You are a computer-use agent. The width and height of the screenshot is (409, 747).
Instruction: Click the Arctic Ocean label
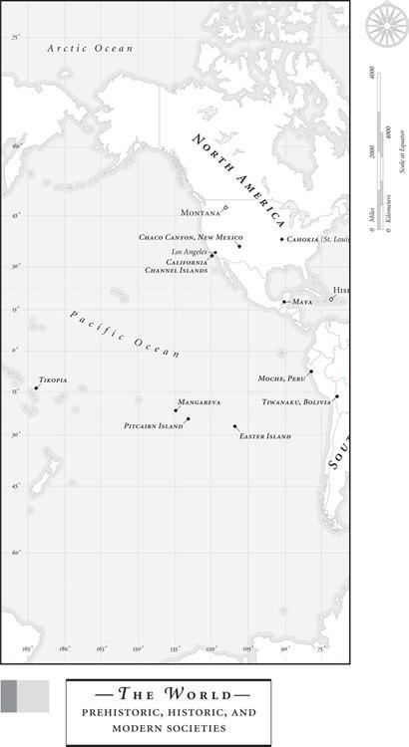click(89, 47)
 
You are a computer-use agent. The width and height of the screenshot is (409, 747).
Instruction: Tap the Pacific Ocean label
click(125, 334)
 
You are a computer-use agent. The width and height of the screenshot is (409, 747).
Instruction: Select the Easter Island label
click(264, 436)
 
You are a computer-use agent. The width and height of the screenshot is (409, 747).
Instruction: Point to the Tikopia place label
click(53, 380)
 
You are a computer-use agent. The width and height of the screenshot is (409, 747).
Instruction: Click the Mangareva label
click(199, 401)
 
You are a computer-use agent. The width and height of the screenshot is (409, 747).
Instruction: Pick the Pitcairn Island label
click(154, 425)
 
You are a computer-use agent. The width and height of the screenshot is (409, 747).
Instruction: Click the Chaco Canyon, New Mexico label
click(191, 237)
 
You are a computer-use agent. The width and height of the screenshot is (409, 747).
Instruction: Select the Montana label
click(200, 213)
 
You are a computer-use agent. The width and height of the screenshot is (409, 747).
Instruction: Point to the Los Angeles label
click(189, 252)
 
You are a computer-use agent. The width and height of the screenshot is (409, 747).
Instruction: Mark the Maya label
click(302, 301)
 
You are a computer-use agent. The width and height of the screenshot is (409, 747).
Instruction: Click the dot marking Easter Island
click(235, 426)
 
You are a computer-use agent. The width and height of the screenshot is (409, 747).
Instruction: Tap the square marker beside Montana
click(225, 207)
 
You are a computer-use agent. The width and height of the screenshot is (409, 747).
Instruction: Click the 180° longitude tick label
click(64, 648)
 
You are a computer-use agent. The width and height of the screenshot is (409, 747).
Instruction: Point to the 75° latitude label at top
click(15, 37)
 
